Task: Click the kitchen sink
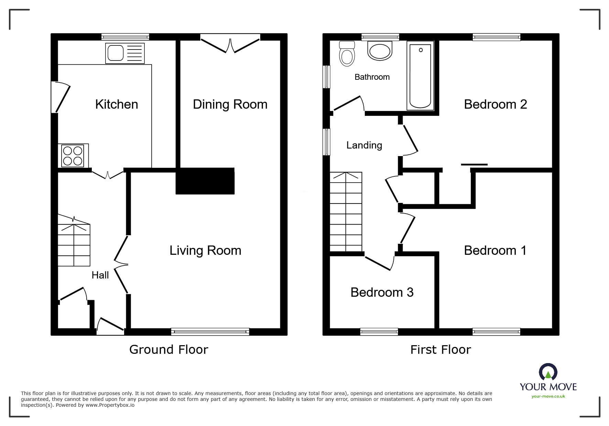pos(125,53)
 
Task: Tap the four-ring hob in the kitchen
pos(73,155)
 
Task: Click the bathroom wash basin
pos(380,51)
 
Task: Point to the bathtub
pos(420,76)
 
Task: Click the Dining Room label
pos(230,104)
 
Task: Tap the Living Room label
pos(205,250)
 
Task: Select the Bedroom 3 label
pos(382,292)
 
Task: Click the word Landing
pos(364,145)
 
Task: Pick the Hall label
pos(100,275)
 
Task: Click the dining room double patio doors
pos(230,44)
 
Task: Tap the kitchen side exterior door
pos(61,97)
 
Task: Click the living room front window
pos(210,331)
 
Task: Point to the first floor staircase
pos(346,212)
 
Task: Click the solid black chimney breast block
pos(205,181)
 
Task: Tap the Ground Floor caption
pos(168,350)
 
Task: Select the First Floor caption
pos(440,350)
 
